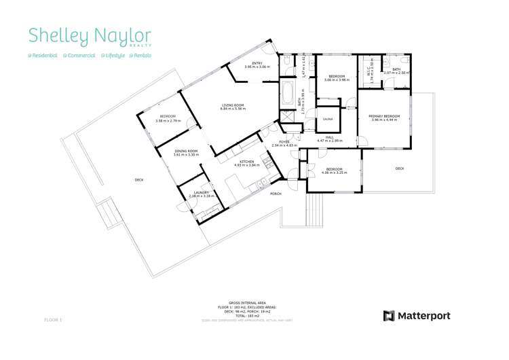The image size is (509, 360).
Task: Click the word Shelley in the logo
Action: click(x=55, y=36)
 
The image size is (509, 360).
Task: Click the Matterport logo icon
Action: click(x=390, y=316)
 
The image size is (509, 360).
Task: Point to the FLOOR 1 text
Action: click(x=53, y=319)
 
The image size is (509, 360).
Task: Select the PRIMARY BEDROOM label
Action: click(x=384, y=116)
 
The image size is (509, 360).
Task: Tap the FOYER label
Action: click(x=285, y=142)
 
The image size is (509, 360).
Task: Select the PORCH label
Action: click(x=276, y=194)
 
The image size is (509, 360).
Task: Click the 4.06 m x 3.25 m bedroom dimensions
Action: click(x=335, y=173)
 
